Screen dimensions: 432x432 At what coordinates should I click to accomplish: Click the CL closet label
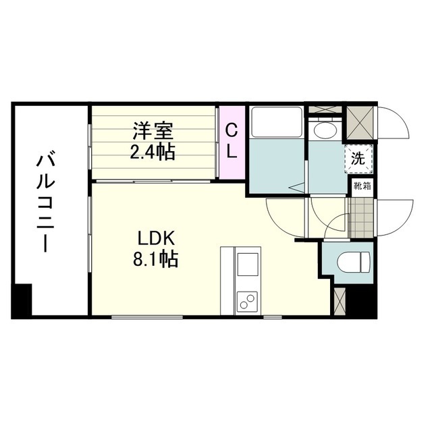(x=231, y=141)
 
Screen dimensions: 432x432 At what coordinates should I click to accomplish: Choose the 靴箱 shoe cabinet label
(x=360, y=186)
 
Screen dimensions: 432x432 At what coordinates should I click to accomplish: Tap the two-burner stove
(x=247, y=300)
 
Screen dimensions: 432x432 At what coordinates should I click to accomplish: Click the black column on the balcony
(x=22, y=300)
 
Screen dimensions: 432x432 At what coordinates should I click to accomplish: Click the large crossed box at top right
(x=360, y=124)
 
